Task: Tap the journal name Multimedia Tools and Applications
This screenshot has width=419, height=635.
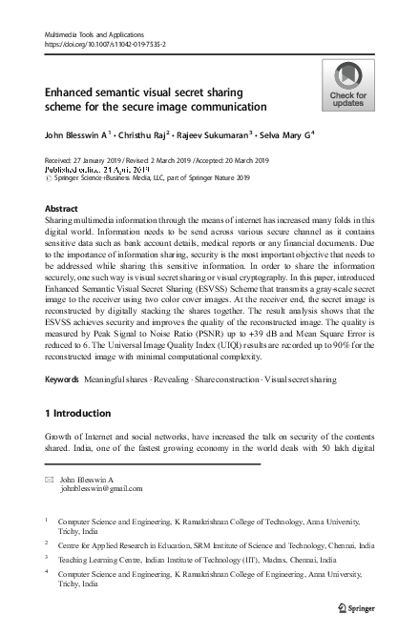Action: pos(92,33)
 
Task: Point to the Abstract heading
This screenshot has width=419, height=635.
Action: pos(61,207)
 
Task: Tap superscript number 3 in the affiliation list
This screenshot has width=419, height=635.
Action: pos(48,559)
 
